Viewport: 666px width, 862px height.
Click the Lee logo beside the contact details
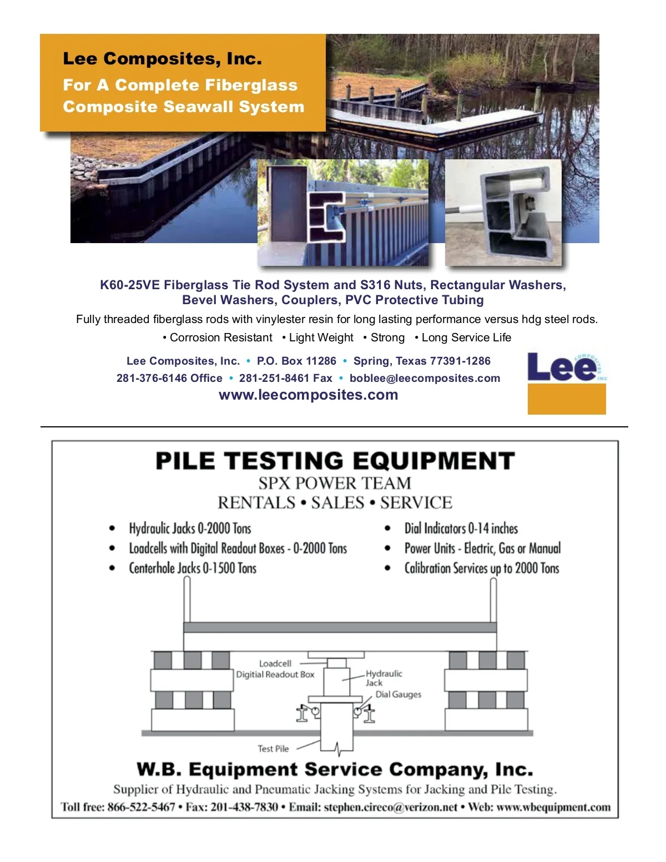[566, 382]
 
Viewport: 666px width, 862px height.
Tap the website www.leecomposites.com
[308, 395]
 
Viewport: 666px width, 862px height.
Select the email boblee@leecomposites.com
[425, 379]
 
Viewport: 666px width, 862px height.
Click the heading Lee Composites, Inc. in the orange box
[162, 59]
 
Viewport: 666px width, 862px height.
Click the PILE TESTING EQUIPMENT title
[335, 461]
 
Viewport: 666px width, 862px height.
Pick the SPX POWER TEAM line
[335, 483]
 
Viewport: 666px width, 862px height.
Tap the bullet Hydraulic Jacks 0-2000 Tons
[190, 528]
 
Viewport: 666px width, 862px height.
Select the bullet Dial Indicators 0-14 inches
[461, 528]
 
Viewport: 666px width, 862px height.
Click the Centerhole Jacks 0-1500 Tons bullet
[193, 568]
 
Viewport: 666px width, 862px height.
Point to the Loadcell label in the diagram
[275, 664]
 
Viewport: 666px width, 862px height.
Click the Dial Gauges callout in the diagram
[398, 694]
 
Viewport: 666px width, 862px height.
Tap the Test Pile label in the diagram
[273, 749]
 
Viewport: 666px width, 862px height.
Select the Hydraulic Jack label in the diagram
[383, 678]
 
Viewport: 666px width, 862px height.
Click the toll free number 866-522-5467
[141, 807]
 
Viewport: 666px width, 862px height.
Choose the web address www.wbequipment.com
[553, 807]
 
